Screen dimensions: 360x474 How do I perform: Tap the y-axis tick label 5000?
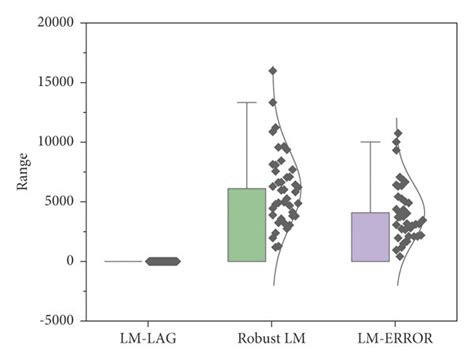click(x=60, y=201)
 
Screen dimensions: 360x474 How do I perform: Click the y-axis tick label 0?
click(x=71, y=261)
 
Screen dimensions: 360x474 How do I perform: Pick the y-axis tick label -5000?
click(x=58, y=320)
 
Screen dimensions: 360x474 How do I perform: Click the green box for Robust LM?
click(x=246, y=225)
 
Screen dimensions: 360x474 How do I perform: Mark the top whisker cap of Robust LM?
click(x=246, y=102)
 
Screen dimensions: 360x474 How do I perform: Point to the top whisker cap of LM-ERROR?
click(x=370, y=142)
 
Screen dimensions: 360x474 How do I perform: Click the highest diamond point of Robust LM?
click(x=272, y=71)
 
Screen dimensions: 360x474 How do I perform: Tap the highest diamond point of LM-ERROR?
click(x=397, y=133)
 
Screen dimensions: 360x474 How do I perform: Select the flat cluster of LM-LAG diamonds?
click(x=163, y=261)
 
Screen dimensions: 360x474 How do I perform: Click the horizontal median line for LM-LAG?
click(x=122, y=261)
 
